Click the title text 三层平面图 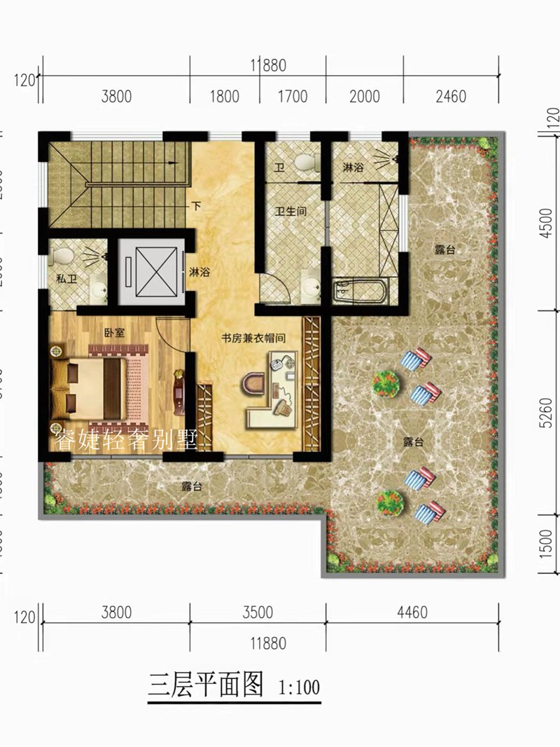pyautogui.click(x=205, y=684)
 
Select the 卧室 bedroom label pyautogui.click(x=114, y=334)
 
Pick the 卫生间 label pyautogui.click(x=290, y=210)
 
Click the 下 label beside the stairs pyautogui.click(x=198, y=207)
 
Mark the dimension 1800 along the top pyautogui.click(x=225, y=97)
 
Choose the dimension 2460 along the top pyautogui.click(x=450, y=97)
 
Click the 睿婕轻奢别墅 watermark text pyautogui.click(x=126, y=439)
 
